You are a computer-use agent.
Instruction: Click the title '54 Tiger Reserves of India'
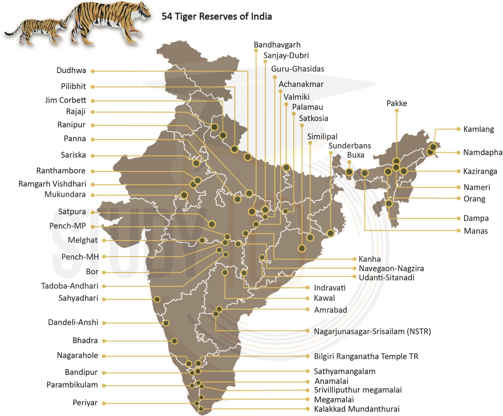click(217, 16)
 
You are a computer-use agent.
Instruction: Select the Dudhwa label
click(71, 71)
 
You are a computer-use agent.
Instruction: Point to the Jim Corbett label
click(65, 100)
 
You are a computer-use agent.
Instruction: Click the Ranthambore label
click(61, 171)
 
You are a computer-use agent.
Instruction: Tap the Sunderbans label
click(349, 146)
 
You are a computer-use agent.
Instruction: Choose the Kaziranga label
click(480, 171)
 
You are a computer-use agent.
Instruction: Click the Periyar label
click(85, 403)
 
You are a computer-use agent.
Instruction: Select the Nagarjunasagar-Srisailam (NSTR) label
click(372, 331)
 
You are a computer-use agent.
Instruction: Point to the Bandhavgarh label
click(277, 45)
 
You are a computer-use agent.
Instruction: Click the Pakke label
click(396, 104)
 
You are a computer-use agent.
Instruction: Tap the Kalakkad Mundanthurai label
click(357, 409)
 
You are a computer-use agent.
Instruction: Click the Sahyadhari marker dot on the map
click(157, 299)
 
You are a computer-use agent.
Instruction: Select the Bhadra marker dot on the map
click(174, 341)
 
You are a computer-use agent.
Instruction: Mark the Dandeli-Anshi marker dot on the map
click(166, 323)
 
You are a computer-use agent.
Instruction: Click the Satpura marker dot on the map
click(212, 224)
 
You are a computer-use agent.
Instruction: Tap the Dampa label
click(476, 218)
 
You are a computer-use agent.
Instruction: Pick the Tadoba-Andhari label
click(70, 286)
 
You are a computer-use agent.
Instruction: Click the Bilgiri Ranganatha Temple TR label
click(366, 356)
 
